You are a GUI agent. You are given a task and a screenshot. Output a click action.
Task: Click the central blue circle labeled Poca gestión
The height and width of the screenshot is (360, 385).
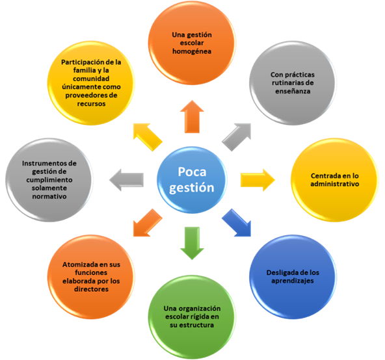coord(192,180)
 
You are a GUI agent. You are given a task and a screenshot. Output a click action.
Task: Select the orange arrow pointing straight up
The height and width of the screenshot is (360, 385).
coord(192,116)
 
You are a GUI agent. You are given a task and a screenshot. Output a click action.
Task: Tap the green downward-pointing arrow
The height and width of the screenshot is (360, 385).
coord(192,243)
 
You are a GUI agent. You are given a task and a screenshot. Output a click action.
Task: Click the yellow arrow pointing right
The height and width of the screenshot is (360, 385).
coord(258,180)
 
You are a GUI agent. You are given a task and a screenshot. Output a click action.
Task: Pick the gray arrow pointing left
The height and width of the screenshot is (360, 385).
coord(126,180)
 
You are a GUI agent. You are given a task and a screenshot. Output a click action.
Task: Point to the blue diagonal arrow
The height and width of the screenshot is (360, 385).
coord(237,223)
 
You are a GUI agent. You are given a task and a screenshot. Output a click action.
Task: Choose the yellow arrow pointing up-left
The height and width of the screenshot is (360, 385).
coord(148,137)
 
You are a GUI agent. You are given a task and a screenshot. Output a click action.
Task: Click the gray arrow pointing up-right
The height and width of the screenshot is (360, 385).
coord(237,137)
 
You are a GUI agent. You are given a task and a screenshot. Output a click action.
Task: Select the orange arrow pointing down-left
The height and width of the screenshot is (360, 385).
coord(148,223)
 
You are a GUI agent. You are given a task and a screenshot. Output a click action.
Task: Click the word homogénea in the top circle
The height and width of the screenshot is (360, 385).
coord(192,51)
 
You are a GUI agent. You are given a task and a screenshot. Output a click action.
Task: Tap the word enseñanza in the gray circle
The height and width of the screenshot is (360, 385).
coord(293,91)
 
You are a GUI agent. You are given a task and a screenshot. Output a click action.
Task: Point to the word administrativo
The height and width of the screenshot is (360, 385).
coord(335,184)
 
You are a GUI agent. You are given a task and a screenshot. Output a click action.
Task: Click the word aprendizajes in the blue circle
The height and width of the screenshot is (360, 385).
coord(293,281)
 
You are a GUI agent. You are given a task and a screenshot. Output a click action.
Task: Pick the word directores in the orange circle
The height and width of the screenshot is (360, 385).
coord(91,289)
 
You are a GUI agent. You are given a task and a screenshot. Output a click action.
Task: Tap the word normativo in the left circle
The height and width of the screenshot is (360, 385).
coord(49,196)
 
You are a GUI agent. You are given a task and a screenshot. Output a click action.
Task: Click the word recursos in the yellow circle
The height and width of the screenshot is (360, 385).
coord(91,104)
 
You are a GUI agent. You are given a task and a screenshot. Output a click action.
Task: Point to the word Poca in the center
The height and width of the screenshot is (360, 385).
coord(192,172)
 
